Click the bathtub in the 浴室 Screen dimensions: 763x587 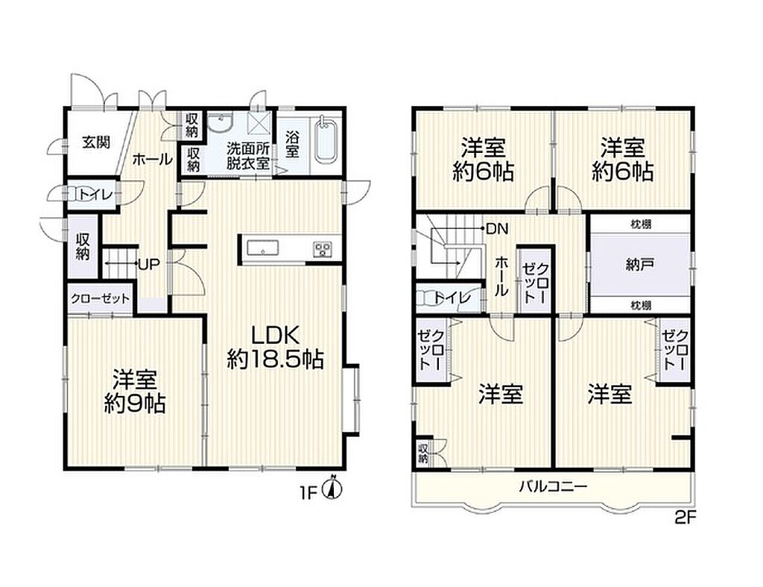click(326, 141)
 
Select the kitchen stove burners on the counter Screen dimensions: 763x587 click(322, 248)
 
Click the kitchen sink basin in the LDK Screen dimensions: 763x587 click(263, 248)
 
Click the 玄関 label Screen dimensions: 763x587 click(96, 142)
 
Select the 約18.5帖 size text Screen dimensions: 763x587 click(275, 360)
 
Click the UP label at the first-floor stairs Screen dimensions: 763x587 click(149, 265)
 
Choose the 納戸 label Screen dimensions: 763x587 click(639, 265)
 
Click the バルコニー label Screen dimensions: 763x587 click(554, 486)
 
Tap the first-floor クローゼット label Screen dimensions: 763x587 click(101, 298)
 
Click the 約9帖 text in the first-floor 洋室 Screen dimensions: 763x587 click(135, 404)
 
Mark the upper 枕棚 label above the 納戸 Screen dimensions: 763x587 click(641, 224)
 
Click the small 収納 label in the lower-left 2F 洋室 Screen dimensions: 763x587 click(423, 453)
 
